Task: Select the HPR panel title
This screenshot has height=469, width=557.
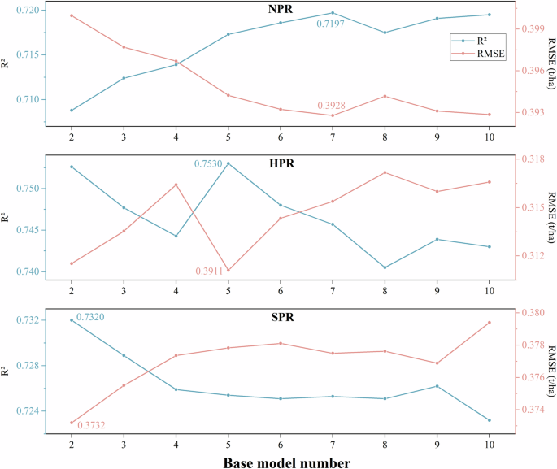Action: (x=281, y=163)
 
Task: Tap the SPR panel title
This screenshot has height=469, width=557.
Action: (x=281, y=317)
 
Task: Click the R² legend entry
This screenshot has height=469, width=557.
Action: (x=480, y=39)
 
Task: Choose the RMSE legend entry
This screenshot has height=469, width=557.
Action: (x=480, y=54)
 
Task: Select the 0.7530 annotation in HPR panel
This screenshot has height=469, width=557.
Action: (x=208, y=164)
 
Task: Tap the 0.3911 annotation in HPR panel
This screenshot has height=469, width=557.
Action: (x=210, y=271)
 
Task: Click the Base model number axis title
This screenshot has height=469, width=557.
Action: (x=281, y=462)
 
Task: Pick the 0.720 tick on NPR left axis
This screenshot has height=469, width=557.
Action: (x=27, y=10)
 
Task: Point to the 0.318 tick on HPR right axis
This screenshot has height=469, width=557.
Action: (x=533, y=159)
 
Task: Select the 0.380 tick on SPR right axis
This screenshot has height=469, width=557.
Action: (x=533, y=313)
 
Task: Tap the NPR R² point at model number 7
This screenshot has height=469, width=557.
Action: (x=333, y=13)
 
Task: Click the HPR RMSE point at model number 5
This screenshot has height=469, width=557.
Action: (x=228, y=270)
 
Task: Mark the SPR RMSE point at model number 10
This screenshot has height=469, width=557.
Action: (x=490, y=323)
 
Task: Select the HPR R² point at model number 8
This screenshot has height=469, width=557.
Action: (x=385, y=267)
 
